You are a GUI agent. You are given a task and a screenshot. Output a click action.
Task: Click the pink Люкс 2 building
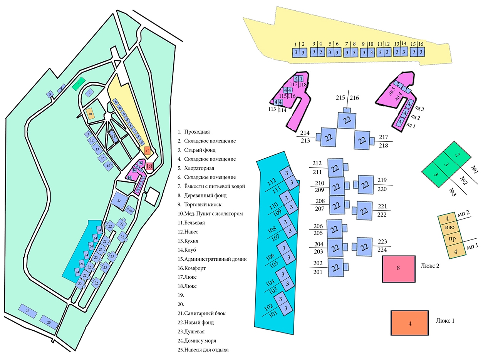coord(398,268)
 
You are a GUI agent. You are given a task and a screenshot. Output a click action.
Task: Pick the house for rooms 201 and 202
coord(335,268)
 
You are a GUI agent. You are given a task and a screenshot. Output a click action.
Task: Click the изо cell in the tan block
coord(450,228)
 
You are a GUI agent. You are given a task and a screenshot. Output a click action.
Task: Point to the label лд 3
coord(420,109)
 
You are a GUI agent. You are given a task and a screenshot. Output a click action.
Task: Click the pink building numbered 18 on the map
coord(149,166)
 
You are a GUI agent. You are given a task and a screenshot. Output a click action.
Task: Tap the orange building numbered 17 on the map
coord(147,151)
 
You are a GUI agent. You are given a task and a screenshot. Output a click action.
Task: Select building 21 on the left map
coord(119,201)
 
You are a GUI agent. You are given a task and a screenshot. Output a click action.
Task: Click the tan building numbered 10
coord(90,114)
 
